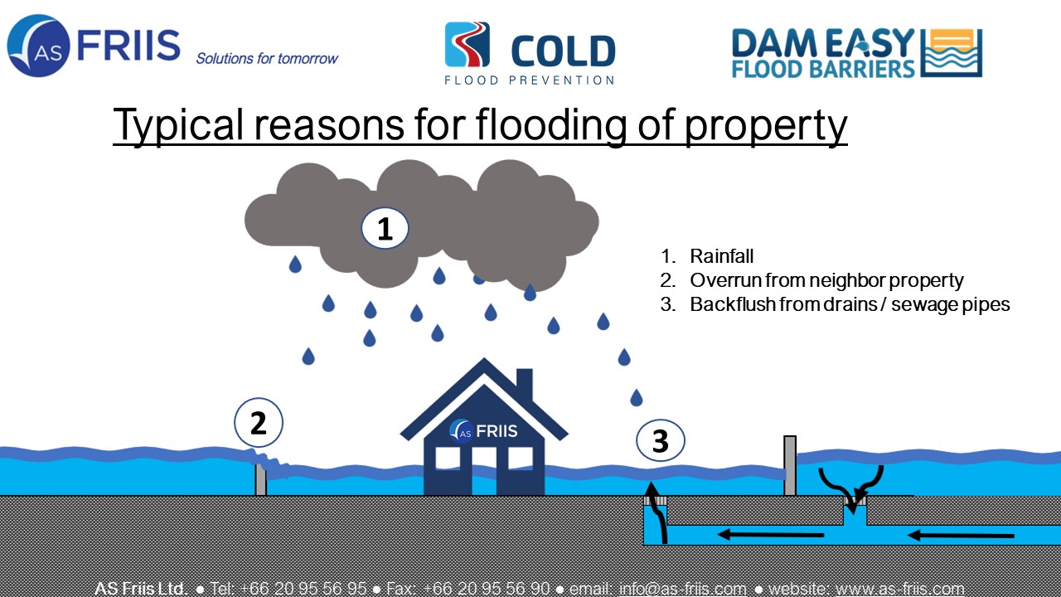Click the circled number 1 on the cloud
[385, 228]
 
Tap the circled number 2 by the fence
[259, 423]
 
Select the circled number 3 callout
[661, 440]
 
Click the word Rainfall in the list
[721, 256]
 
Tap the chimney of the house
[525, 386]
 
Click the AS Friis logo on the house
[483, 431]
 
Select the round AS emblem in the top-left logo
[38, 46]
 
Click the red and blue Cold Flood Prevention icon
[467, 44]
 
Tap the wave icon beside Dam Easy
[952, 53]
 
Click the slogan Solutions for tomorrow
[267, 58]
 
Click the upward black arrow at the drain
[658, 512]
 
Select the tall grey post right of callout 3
[790, 465]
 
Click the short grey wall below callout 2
[260, 479]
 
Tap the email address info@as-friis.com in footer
[682, 589]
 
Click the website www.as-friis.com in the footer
[900, 589]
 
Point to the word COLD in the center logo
[563, 51]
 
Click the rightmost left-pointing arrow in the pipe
[961, 536]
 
